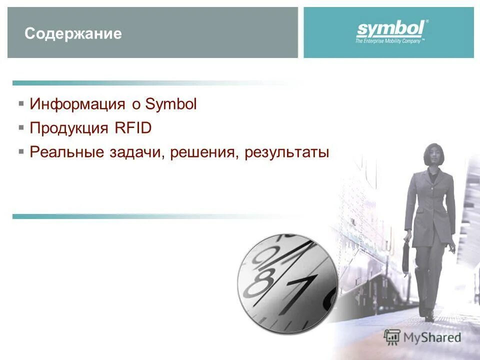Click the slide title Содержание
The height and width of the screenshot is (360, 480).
point(73,34)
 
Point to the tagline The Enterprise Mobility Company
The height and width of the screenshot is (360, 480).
point(389,41)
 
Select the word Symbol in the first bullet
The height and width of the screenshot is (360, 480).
point(171,104)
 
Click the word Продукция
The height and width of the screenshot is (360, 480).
point(69,128)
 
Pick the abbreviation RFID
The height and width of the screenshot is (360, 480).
point(132,128)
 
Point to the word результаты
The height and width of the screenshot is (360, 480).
point(287,152)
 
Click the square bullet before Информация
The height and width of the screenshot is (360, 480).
point(21,103)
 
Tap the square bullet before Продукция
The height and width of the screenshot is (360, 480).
point(21,127)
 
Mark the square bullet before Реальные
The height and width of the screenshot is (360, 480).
point(21,151)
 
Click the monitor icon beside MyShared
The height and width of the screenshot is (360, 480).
point(393,337)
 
